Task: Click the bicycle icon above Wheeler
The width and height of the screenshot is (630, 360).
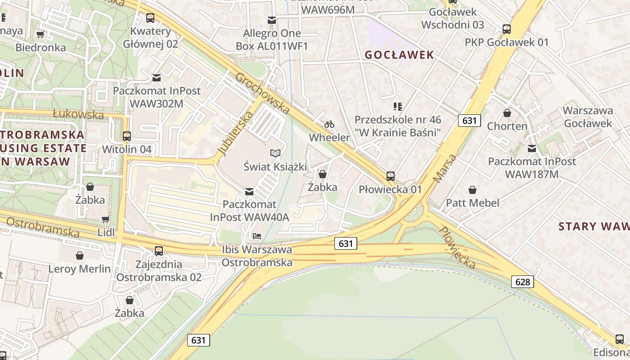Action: (329, 124)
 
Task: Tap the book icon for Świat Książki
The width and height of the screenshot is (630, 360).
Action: (275, 153)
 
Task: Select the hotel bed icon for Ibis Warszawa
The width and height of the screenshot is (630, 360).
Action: (257, 236)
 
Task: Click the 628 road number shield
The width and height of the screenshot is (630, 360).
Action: (522, 282)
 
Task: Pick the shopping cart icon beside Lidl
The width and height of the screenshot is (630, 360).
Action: (105, 219)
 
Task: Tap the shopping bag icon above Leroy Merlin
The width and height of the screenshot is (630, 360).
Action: (80, 256)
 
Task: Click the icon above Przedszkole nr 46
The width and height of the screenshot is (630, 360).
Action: (397, 107)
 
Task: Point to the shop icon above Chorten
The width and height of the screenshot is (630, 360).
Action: (507, 112)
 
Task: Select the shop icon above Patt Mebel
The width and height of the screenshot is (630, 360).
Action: (472, 190)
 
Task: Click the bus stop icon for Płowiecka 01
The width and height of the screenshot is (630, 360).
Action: (391, 176)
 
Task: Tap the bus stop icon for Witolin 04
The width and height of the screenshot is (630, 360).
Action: (127, 136)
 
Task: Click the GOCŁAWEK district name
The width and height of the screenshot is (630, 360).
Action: (400, 55)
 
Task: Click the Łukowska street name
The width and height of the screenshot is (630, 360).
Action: (78, 114)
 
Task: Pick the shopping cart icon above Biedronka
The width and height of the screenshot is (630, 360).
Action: (40, 34)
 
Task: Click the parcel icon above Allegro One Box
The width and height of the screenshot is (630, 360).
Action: (272, 20)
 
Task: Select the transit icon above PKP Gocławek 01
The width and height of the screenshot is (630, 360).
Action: (507, 29)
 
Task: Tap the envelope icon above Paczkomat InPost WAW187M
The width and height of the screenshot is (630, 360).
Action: (532, 148)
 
